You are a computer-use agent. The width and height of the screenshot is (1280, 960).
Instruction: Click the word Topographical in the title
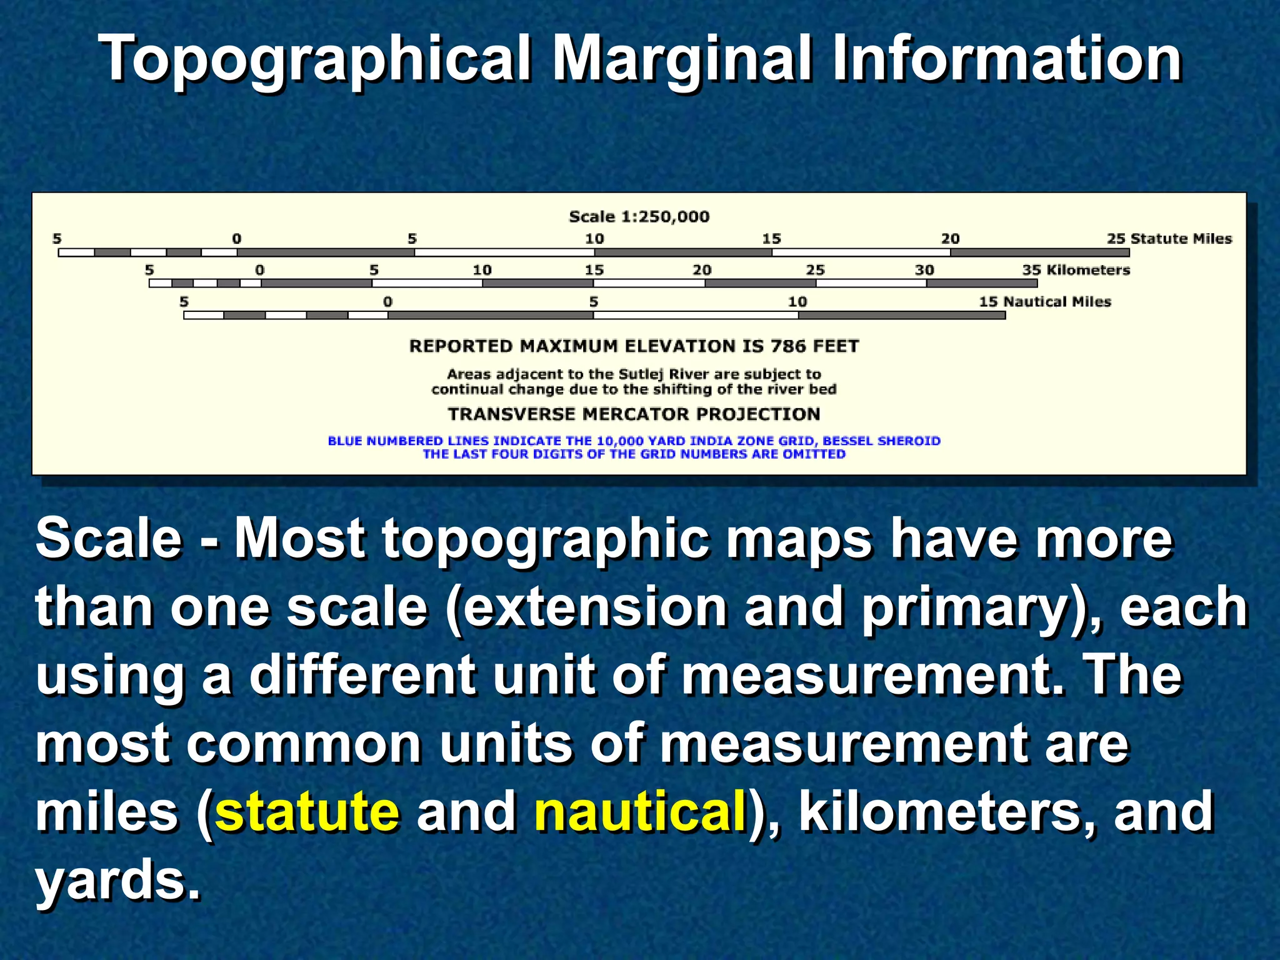coord(316,59)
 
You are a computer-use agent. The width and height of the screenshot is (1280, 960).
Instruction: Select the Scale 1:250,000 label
coord(639,217)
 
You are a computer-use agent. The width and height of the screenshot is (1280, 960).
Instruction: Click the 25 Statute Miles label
coord(1169,239)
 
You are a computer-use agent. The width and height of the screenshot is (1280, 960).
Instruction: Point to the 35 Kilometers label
coord(1076,270)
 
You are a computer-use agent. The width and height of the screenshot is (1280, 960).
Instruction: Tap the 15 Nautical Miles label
coord(1044,302)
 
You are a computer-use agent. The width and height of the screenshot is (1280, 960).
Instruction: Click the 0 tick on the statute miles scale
coord(237,239)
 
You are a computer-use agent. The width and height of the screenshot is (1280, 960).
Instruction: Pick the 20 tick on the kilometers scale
coord(702,270)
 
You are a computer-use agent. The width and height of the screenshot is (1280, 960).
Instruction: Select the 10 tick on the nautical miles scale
coord(797,302)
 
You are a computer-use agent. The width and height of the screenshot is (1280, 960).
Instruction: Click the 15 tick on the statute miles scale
coord(771,239)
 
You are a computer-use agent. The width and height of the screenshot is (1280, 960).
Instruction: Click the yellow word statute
coord(307,811)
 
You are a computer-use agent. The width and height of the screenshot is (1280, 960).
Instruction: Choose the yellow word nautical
coord(641,811)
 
